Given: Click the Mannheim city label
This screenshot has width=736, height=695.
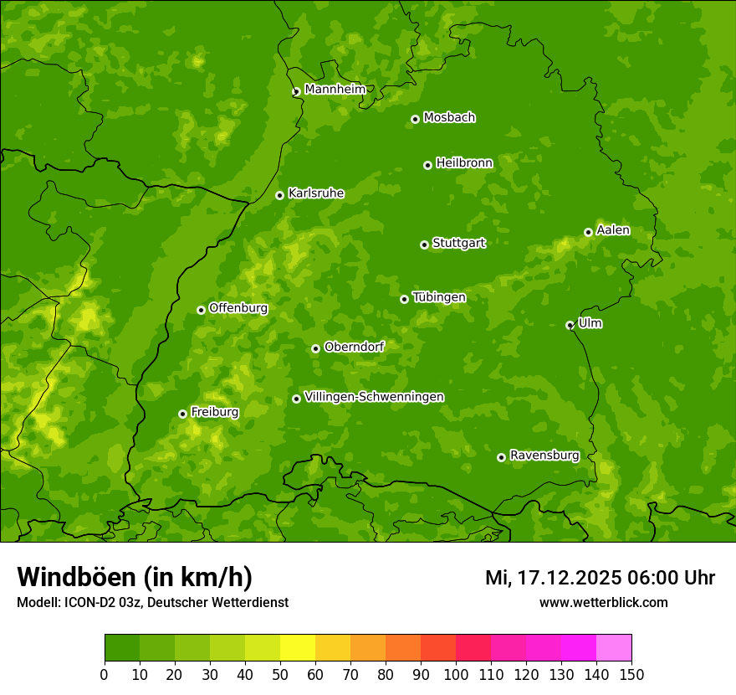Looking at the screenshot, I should point(335,90).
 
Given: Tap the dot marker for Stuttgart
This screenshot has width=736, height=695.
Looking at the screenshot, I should point(424,245).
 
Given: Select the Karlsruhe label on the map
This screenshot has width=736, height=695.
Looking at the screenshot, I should point(315,193).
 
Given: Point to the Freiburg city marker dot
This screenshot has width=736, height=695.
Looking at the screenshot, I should point(182,414).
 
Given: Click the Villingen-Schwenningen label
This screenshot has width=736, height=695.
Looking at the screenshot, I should point(374,397).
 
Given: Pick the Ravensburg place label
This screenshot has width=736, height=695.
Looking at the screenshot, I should point(544,456).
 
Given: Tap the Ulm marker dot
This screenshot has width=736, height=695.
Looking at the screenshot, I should point(570,325).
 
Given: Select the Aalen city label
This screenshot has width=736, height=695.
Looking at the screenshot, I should point(613,230).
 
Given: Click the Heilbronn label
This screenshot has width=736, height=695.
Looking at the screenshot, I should point(464,163).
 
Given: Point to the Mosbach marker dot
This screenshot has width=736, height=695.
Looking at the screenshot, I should point(415,119).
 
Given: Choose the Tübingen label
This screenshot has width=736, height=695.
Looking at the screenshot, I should point(439,297).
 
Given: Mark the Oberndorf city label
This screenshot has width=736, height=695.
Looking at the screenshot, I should point(354,347).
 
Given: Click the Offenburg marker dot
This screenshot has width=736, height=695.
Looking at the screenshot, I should point(201,310).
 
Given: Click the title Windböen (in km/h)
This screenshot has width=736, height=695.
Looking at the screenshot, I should point(135,577).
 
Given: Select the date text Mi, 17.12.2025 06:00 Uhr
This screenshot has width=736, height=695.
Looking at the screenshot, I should point(600,578).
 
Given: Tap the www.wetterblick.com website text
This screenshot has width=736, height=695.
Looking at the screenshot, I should point(603,602).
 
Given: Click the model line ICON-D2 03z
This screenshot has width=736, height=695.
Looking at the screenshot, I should point(152,602).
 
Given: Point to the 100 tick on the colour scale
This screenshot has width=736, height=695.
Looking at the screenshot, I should point(456,675).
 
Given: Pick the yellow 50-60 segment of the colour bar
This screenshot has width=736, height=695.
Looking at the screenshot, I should point(298,647).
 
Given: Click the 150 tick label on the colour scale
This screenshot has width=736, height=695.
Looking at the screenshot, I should point(631,675).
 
